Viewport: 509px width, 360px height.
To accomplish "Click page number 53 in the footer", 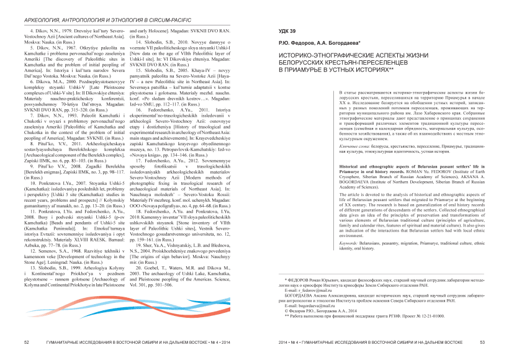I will coord(482,342).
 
